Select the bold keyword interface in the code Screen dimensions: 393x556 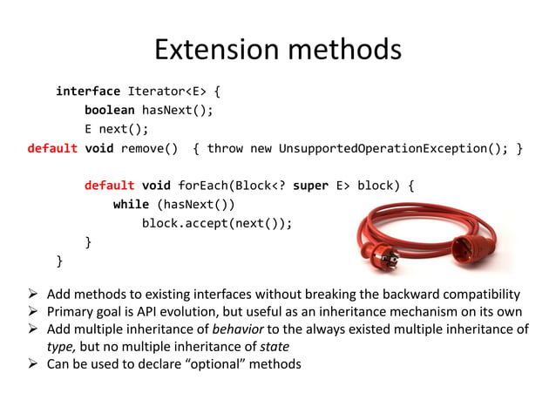88,91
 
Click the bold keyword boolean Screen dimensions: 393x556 109,110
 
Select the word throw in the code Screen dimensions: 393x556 225,148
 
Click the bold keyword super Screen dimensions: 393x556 310,186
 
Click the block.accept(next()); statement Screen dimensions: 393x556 217,223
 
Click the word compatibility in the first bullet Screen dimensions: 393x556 477,294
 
